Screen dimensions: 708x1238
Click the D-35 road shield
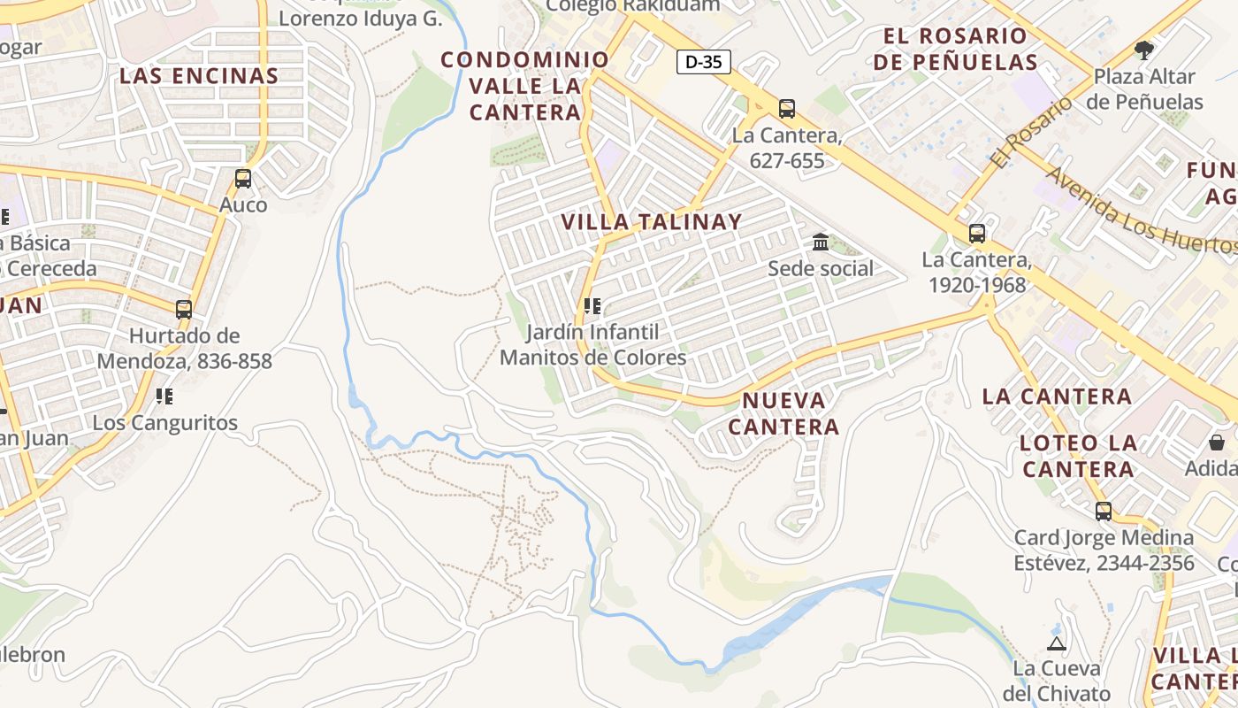pos(704,62)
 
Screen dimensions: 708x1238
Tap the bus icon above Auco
pos(243,179)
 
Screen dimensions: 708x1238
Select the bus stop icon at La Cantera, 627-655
pos(787,109)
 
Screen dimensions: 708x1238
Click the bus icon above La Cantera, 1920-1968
pos(977,234)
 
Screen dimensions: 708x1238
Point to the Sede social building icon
pos(821,242)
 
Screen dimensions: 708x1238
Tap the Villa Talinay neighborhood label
pos(652,222)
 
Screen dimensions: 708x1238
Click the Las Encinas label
pos(199,76)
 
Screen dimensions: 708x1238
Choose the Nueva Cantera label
pos(783,413)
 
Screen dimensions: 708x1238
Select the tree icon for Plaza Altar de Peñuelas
pos(1144,50)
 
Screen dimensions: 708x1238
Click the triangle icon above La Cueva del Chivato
pos(1056,643)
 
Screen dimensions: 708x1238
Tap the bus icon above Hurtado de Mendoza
pos(184,310)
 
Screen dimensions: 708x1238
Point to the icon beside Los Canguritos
pos(164,396)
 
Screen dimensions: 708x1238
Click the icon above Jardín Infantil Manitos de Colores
pos(592,306)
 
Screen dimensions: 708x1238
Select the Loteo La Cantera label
pos(1078,455)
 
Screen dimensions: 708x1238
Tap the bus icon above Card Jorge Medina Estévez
pos(1104,511)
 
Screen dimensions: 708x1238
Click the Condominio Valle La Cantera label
pos(525,86)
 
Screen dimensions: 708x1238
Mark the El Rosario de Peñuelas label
pos(961,49)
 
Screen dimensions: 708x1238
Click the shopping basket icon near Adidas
pos(1217,442)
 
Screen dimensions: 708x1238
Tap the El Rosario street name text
pos(1031,133)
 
